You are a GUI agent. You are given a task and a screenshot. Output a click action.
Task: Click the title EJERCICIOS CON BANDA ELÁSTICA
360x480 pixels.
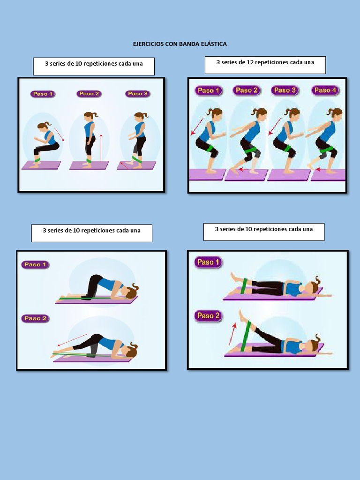pos(180,44)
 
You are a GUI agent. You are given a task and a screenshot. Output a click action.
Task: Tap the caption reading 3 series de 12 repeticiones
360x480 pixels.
pos(265,62)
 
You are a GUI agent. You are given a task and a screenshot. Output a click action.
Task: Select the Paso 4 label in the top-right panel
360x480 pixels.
pos(325,90)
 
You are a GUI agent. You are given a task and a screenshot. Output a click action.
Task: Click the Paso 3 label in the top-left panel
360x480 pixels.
pos(137,94)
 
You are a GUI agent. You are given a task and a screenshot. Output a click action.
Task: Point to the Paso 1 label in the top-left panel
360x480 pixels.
pos(43,94)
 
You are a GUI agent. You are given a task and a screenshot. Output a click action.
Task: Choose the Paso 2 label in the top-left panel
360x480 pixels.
pos(89,94)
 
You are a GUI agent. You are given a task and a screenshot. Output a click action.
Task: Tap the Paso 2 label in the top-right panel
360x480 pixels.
pos(247,90)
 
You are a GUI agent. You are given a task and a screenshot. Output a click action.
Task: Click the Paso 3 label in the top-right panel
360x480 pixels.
pos(285,90)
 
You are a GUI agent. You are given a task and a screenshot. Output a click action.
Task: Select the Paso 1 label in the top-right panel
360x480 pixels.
pos(208,90)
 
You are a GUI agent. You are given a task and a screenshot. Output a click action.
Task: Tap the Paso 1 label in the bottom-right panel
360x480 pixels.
pos(208,262)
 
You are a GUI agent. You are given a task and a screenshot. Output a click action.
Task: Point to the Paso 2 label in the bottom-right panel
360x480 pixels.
pos(208,315)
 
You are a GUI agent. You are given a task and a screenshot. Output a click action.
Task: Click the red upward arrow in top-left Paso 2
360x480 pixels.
pos(100,148)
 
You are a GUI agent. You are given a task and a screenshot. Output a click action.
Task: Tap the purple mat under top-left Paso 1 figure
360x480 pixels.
pos(41,165)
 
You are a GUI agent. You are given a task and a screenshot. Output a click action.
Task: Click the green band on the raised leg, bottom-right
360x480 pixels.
pos(245,336)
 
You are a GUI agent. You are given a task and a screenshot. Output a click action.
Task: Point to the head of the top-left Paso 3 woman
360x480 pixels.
pos(139,117)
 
